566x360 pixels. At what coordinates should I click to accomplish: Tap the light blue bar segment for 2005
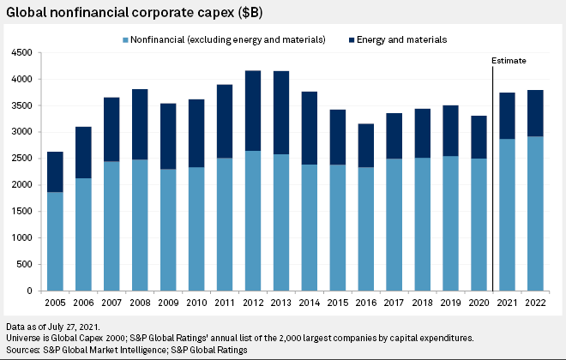pyautogui.click(x=54, y=241)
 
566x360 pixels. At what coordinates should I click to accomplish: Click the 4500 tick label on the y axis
pyautogui.click(x=22, y=53)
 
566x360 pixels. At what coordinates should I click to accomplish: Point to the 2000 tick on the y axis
pyautogui.click(x=22, y=185)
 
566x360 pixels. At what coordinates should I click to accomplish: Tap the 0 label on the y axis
pyautogui.click(x=30, y=291)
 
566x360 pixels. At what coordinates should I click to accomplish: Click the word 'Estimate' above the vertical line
pyautogui.click(x=509, y=62)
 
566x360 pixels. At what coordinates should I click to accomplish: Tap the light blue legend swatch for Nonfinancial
pyautogui.click(x=128, y=39)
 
